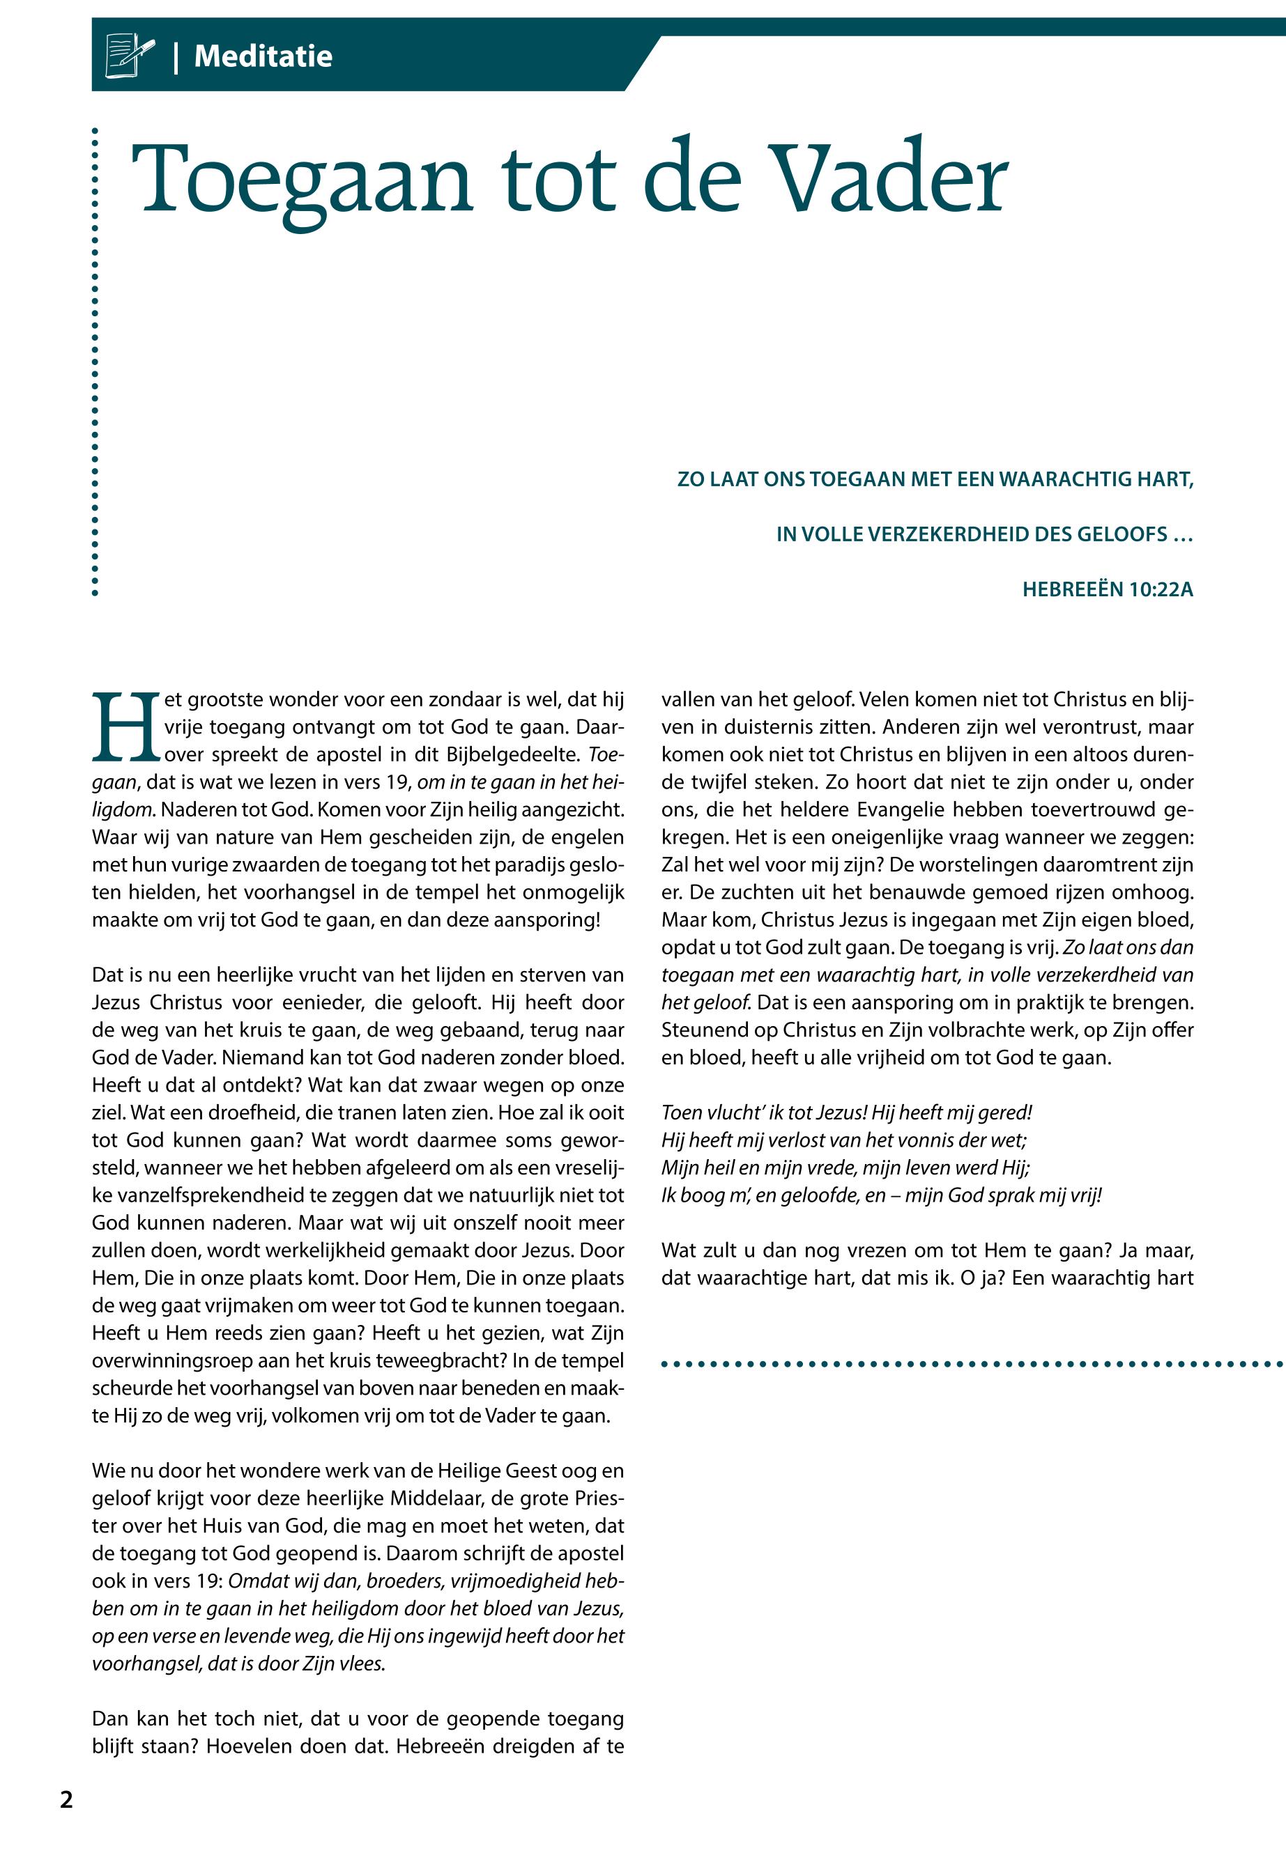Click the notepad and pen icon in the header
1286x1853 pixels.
point(130,56)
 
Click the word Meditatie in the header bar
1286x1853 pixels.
point(263,56)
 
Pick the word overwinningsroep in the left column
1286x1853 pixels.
point(176,1360)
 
